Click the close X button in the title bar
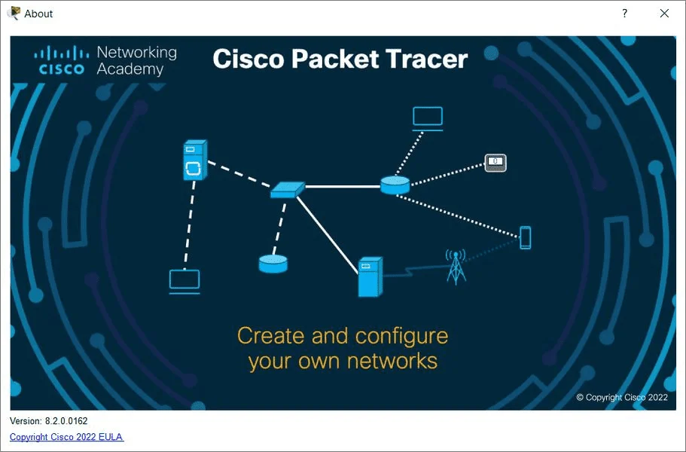point(664,14)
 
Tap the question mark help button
point(625,13)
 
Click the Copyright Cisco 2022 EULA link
point(66,437)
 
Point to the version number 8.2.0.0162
point(66,421)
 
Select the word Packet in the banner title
point(335,59)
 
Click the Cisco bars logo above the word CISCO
point(62,53)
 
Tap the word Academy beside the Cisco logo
point(130,69)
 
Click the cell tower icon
point(456,267)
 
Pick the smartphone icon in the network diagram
point(526,237)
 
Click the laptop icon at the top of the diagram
point(428,118)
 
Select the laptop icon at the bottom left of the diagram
point(184,281)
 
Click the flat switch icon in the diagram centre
point(288,190)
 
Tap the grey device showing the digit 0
point(495,163)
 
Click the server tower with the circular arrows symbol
point(195,160)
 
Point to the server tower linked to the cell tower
point(370,277)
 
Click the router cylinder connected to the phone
point(395,185)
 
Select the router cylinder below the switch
point(273,264)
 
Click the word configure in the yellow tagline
point(401,337)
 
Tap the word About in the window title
point(38,14)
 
